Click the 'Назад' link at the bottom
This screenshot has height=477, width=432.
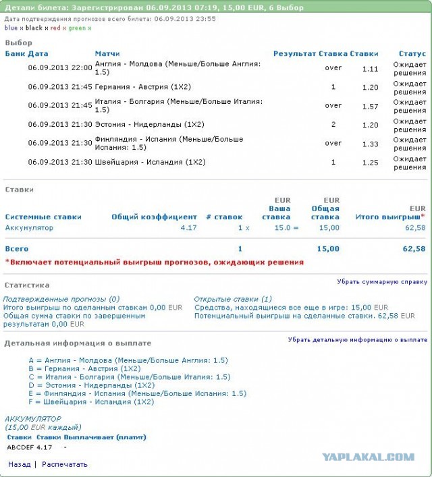(x=19, y=464)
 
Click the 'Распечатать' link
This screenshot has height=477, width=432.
(x=64, y=464)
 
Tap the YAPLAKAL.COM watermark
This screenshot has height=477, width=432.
(x=368, y=457)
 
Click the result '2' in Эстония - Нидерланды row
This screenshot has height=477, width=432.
(x=333, y=125)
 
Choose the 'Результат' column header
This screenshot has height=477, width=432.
(x=294, y=53)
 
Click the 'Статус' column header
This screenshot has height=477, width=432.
(x=412, y=53)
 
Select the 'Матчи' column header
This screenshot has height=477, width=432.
(x=107, y=53)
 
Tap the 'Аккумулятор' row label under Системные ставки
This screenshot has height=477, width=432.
(x=29, y=228)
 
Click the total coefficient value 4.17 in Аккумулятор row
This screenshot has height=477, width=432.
(x=188, y=228)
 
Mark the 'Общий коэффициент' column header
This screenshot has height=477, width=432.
(x=154, y=217)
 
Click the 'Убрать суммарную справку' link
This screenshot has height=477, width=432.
(x=382, y=282)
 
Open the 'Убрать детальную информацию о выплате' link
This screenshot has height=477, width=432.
(x=358, y=340)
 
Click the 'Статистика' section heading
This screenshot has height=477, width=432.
(x=27, y=285)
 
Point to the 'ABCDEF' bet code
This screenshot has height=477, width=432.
(x=20, y=447)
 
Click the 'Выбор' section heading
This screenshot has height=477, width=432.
(x=18, y=43)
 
